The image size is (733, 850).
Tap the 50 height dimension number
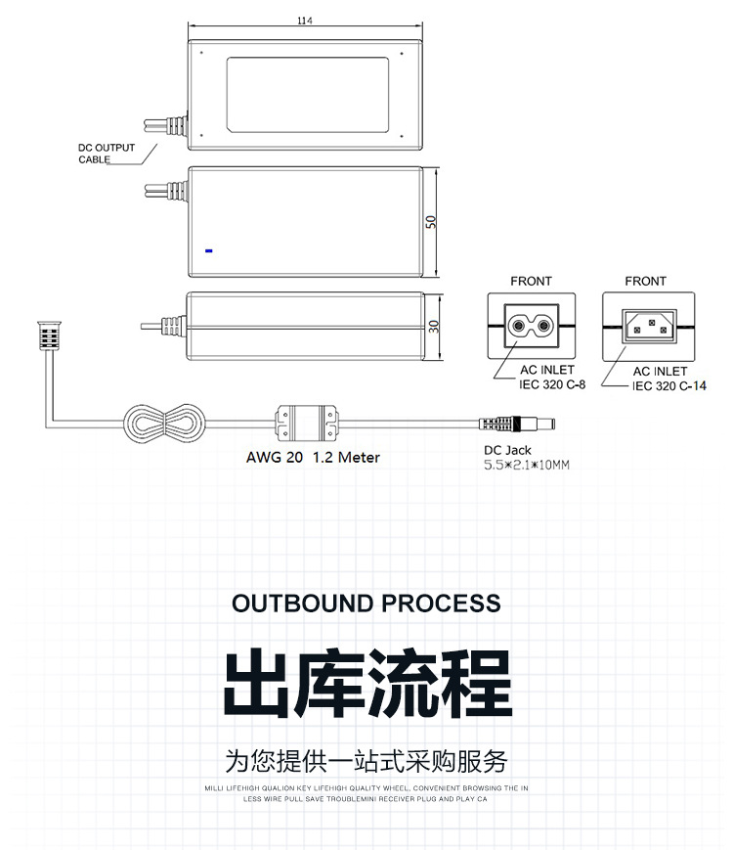[x=431, y=220]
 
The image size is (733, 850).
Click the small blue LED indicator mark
[x=208, y=250]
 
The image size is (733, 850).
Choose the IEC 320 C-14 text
[x=669, y=385]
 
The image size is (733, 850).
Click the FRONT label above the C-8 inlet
[x=531, y=281]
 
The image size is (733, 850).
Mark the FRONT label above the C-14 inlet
[x=645, y=281]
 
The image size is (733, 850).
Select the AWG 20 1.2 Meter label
[x=313, y=457]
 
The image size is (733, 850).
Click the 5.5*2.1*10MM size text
[x=526, y=466]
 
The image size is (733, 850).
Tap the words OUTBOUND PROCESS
[x=366, y=603]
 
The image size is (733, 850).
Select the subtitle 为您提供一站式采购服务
[x=366, y=761]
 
